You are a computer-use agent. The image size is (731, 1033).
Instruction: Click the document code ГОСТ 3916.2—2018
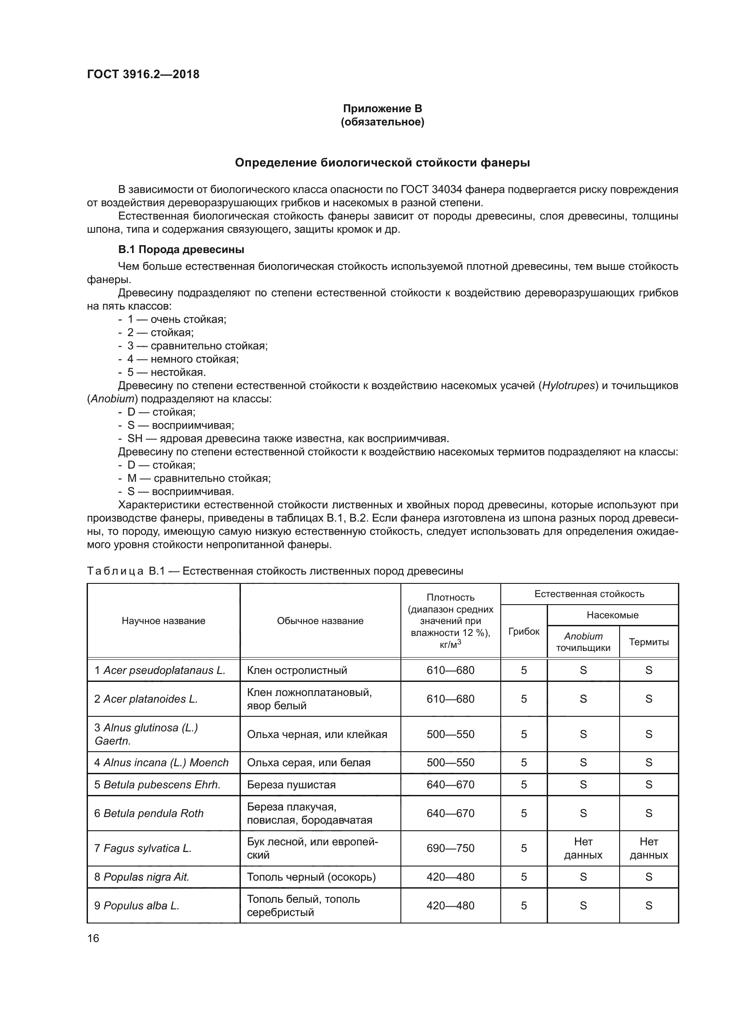coord(143,74)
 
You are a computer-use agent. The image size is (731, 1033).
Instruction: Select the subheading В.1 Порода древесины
coord(181,249)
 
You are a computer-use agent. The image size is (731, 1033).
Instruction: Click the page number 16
coord(93,938)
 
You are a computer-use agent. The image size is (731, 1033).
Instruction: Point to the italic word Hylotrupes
coord(568,386)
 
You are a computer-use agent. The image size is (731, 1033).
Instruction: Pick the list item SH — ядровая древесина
coord(288,438)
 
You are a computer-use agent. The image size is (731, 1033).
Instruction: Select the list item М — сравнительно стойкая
coord(198,478)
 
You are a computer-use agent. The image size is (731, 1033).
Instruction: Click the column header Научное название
coord(164,621)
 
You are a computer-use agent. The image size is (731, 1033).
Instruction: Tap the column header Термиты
coord(649,642)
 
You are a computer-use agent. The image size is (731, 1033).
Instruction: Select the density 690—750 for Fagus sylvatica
coord(450,848)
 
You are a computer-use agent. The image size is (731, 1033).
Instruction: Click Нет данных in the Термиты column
coord(649,848)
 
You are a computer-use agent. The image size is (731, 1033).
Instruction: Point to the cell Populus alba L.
coord(141,906)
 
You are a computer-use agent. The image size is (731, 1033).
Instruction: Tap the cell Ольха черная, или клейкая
coord(317,734)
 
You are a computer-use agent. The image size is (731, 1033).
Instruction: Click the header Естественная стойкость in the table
coord(589,594)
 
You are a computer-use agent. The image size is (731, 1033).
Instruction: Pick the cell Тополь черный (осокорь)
coord(311,877)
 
